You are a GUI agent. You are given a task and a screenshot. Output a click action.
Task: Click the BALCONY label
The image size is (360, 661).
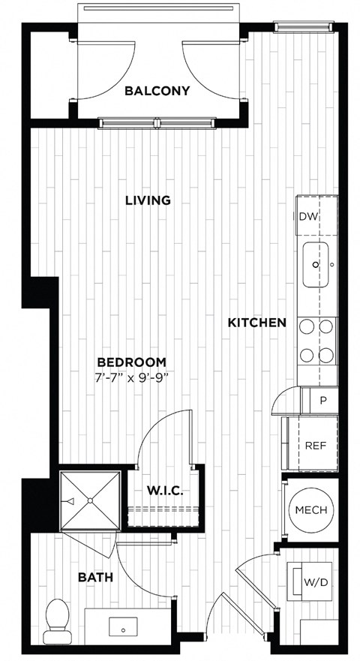pos(157,91)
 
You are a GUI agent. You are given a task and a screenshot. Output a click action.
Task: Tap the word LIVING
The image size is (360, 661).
pos(148,200)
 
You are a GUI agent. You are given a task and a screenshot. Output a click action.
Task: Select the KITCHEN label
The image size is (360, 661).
pos(257,323)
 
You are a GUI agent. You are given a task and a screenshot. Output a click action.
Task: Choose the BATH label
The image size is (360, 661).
pos(96,578)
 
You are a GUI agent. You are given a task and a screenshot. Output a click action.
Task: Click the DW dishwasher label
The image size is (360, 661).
pos(307,217)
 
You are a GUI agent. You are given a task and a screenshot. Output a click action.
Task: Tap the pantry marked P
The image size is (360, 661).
pos(323,400)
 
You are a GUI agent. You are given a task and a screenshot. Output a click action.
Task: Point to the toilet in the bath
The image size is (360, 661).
pos(55,621)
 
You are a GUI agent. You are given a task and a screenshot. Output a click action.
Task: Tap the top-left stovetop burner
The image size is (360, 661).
pos(307,326)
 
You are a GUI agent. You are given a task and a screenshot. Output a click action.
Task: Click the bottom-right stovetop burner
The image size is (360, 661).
pos(326,355)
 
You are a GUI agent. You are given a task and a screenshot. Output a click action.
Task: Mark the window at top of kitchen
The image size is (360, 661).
pos(303,27)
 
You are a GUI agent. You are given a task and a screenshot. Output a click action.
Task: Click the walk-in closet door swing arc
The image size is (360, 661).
pos(156,424)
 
